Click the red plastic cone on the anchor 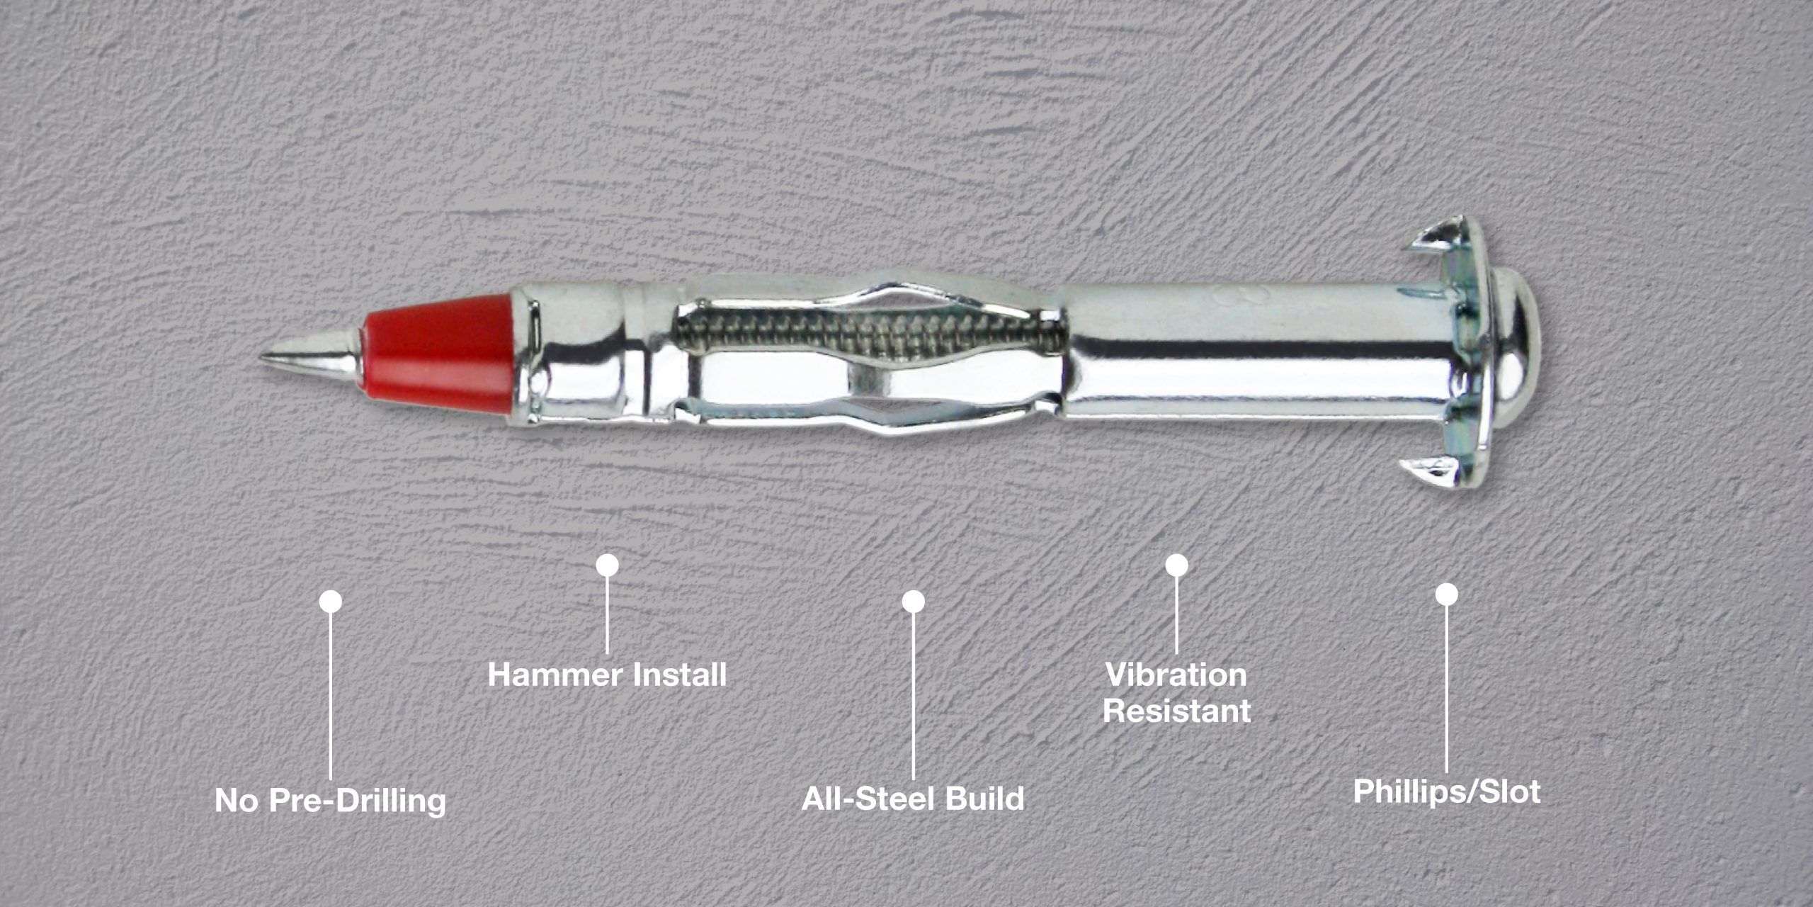point(439,354)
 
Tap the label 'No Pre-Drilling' point(331,801)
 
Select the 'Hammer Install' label point(607,675)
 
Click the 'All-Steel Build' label point(913,799)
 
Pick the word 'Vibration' point(1176,675)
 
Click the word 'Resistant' point(1176,711)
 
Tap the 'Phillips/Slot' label point(1446,791)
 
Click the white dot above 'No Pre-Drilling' point(331,602)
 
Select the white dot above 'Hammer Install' point(607,565)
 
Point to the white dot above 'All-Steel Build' point(913,601)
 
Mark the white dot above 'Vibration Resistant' point(1176,565)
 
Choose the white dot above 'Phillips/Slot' point(1446,595)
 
